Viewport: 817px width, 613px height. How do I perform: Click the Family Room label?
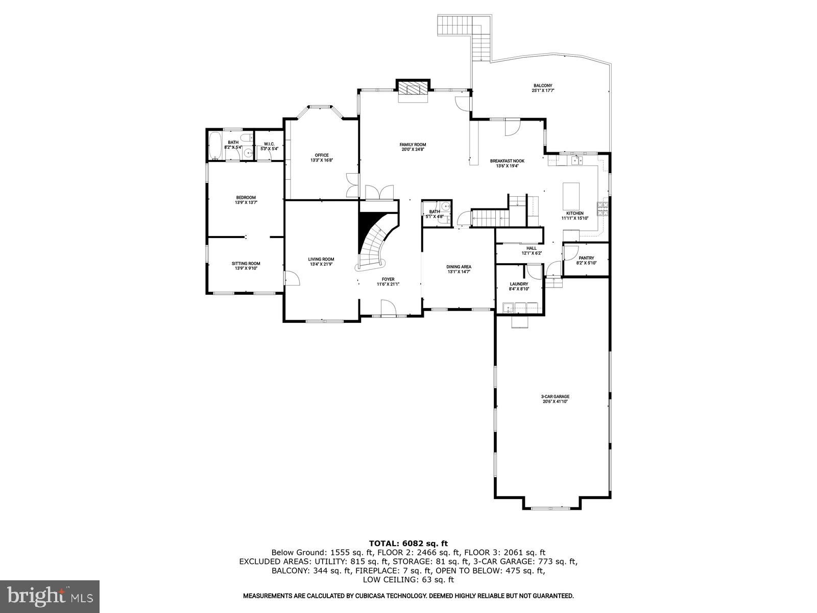tap(412, 145)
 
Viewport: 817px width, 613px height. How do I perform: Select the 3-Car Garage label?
tap(555, 396)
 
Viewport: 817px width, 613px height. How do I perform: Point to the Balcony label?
tap(543, 86)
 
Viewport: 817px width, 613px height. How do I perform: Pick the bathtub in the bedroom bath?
tap(215, 146)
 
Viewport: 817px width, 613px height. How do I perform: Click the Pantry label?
tap(586, 258)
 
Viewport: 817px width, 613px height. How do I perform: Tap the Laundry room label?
tap(519, 284)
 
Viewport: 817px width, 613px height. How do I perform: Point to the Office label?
tap(321, 155)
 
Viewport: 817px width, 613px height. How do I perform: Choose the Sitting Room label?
tap(246, 264)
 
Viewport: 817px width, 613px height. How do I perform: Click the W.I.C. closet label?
tap(269, 144)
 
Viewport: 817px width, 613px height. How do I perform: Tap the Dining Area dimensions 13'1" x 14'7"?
tap(459, 272)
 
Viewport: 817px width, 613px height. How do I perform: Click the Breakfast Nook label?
tap(507, 161)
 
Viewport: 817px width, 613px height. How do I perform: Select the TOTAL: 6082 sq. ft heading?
tap(408, 543)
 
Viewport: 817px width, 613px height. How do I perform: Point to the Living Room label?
tap(321, 259)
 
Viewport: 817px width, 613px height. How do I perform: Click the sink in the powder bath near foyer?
tap(445, 207)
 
